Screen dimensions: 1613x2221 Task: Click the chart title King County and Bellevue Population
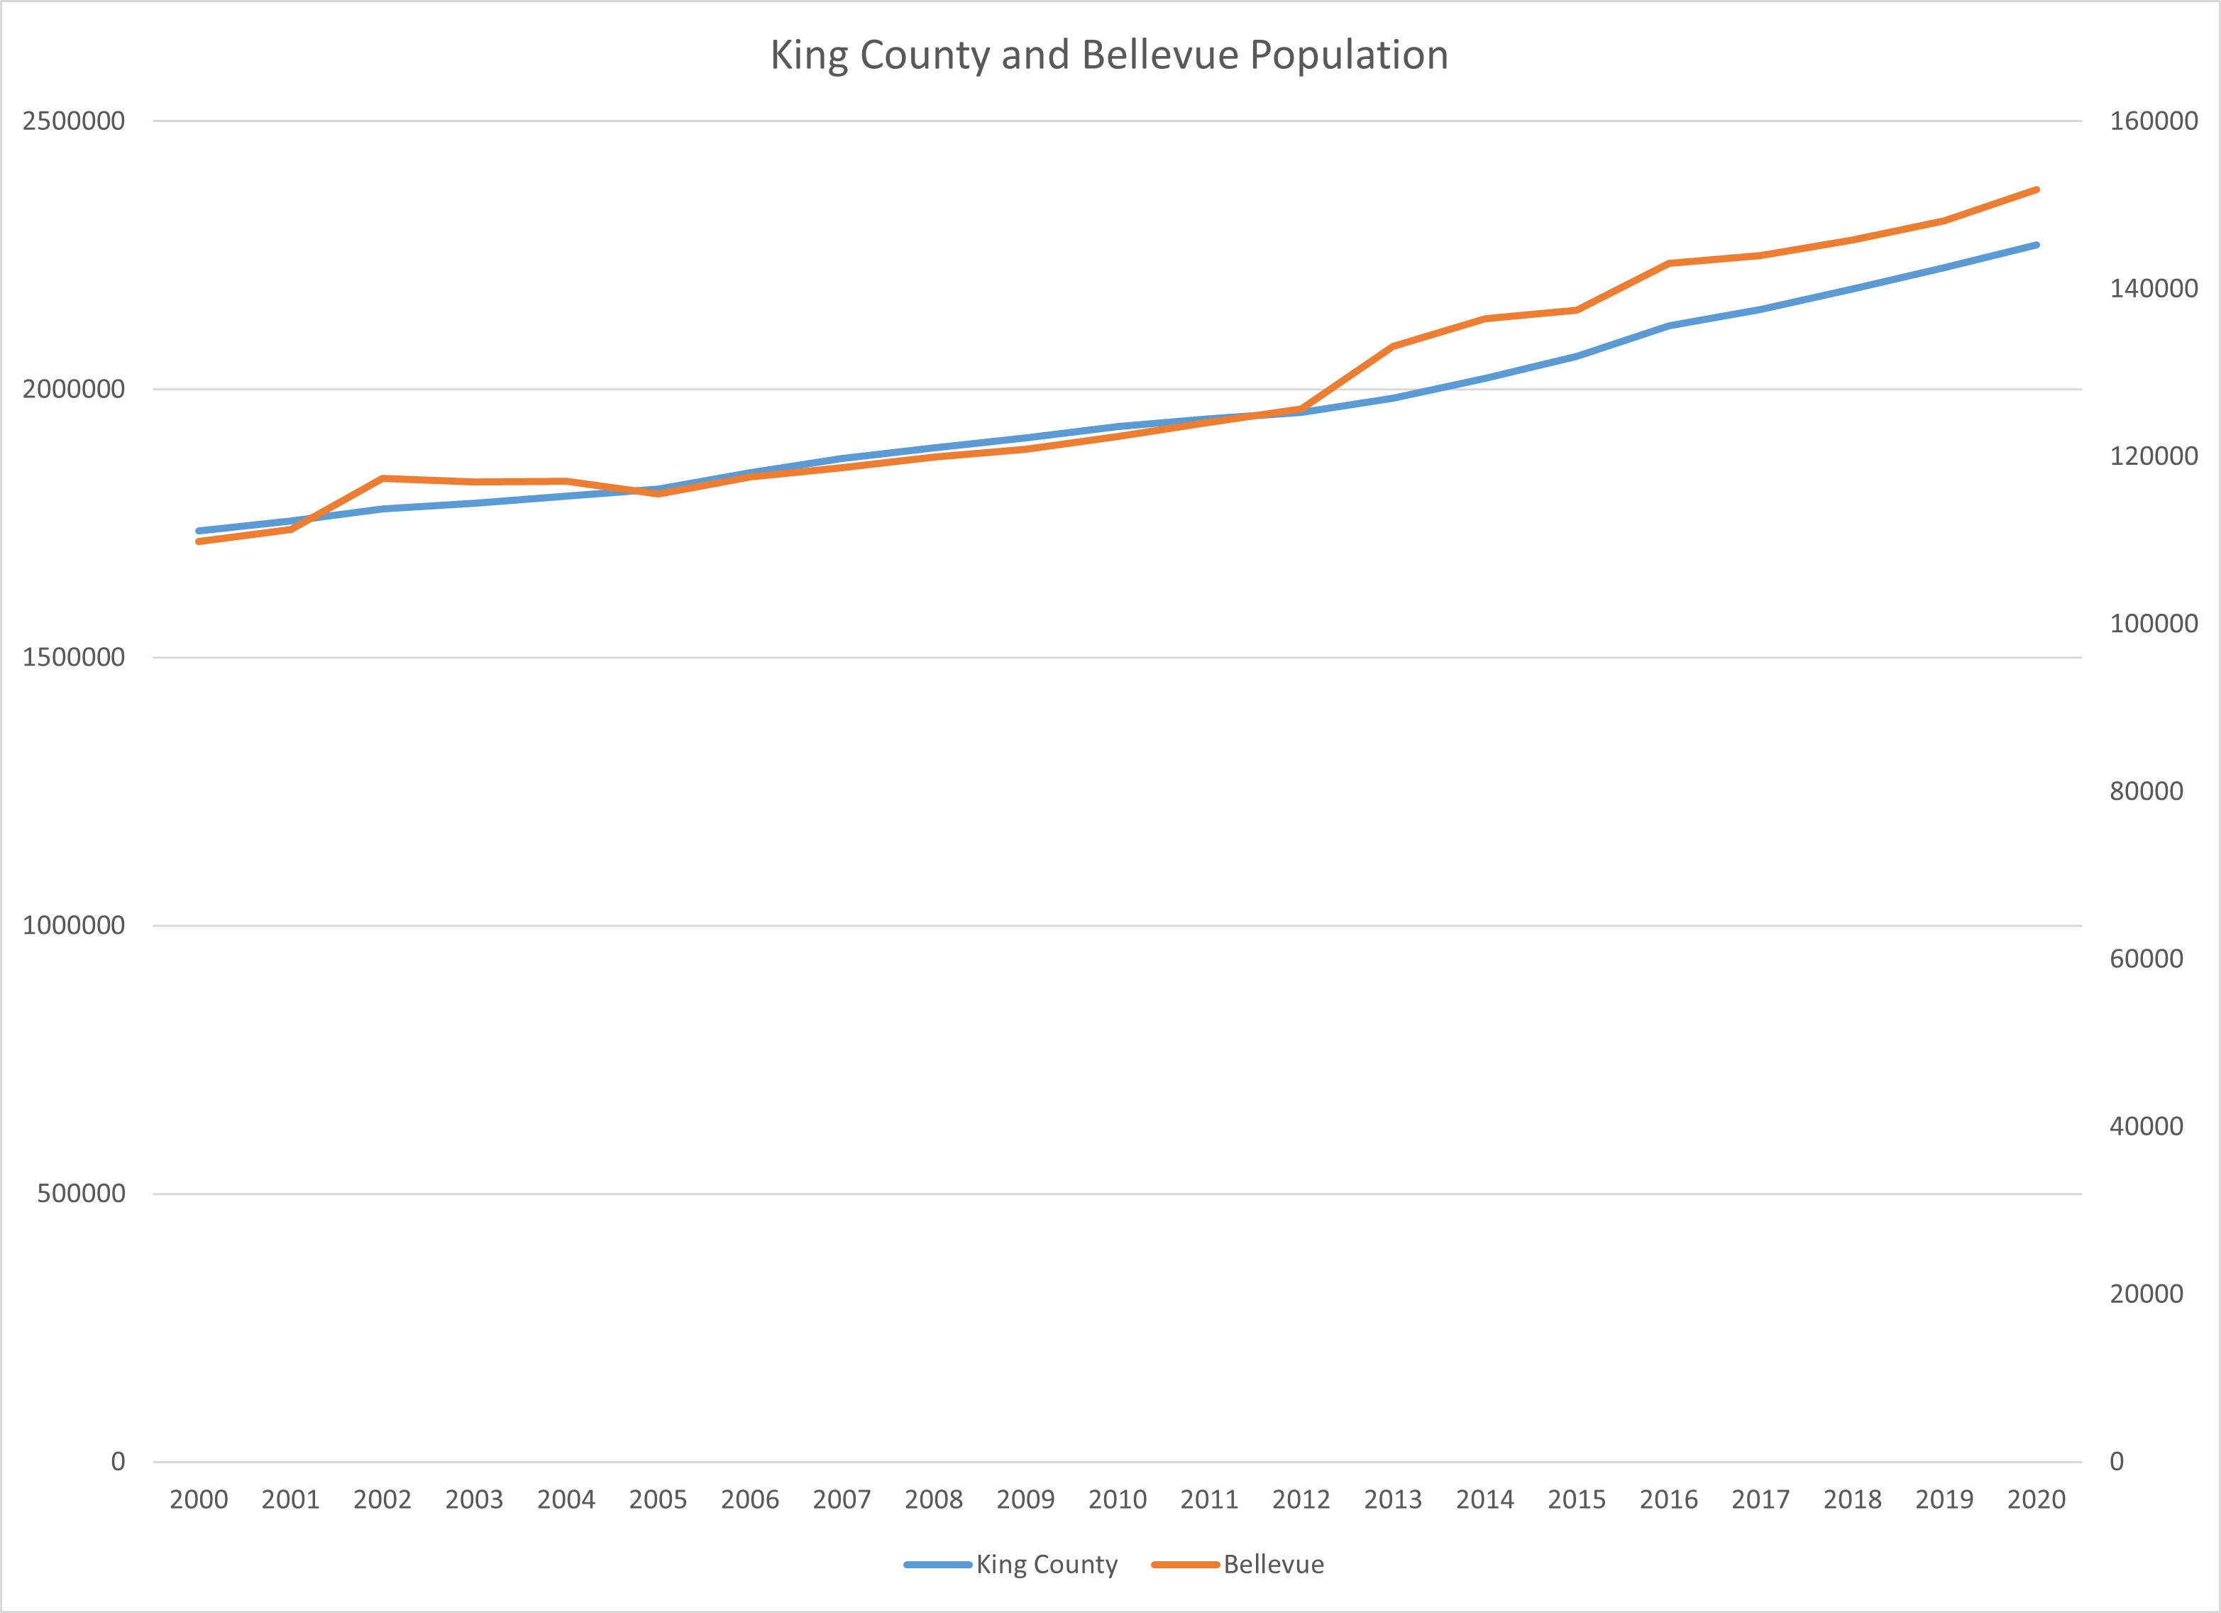(x=1108, y=55)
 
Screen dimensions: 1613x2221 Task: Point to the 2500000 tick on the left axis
(x=74, y=121)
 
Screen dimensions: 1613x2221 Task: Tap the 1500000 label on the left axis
(x=74, y=657)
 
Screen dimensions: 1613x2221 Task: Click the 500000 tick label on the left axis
(x=82, y=1193)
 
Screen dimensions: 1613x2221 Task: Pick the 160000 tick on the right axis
(x=2154, y=121)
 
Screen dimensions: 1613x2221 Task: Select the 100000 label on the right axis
(x=2154, y=624)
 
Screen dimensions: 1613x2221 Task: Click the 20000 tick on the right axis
(x=2146, y=1294)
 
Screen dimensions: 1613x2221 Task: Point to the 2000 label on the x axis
(x=199, y=1499)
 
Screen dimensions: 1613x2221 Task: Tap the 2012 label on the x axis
(x=1301, y=1499)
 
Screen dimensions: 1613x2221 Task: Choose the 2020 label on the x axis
(x=2036, y=1499)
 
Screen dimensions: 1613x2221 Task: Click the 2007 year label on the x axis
(x=841, y=1499)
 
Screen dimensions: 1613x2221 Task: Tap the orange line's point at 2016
(x=1669, y=263)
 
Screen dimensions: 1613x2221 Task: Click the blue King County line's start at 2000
(x=199, y=531)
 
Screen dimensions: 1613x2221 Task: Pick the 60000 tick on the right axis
(x=2146, y=959)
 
